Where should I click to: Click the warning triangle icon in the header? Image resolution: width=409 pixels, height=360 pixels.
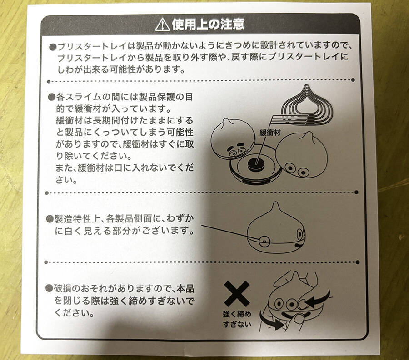click(x=162, y=25)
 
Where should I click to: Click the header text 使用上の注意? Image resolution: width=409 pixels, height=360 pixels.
click(x=208, y=25)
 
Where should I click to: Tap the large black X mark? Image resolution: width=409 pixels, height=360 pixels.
click(x=237, y=293)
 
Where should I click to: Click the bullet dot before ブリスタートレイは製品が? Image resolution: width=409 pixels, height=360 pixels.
click(x=52, y=47)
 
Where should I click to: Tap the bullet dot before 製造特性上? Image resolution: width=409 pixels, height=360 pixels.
click(x=50, y=219)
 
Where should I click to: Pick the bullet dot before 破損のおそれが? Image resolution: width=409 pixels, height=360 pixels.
click(x=50, y=288)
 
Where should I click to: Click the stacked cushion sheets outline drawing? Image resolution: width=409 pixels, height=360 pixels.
click(x=303, y=105)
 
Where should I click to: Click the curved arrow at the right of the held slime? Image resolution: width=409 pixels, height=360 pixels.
click(x=319, y=299)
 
